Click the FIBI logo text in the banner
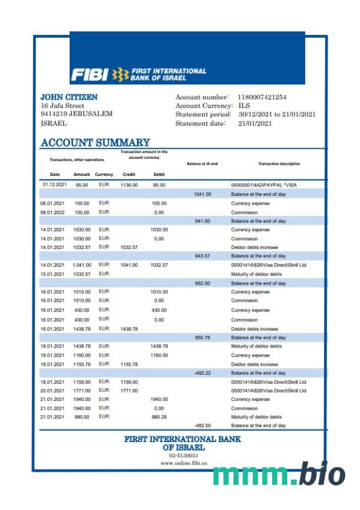90,74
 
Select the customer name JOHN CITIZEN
69,97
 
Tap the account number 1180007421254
262,97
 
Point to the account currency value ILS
244,106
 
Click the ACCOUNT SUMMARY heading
95,142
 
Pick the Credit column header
129,175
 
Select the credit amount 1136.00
129,185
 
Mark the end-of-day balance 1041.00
202,194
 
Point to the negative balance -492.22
202,373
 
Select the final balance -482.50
202,426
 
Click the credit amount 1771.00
129,390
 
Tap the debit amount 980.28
159,417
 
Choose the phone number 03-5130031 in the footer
184,456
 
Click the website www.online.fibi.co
184,463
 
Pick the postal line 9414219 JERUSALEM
76,114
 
